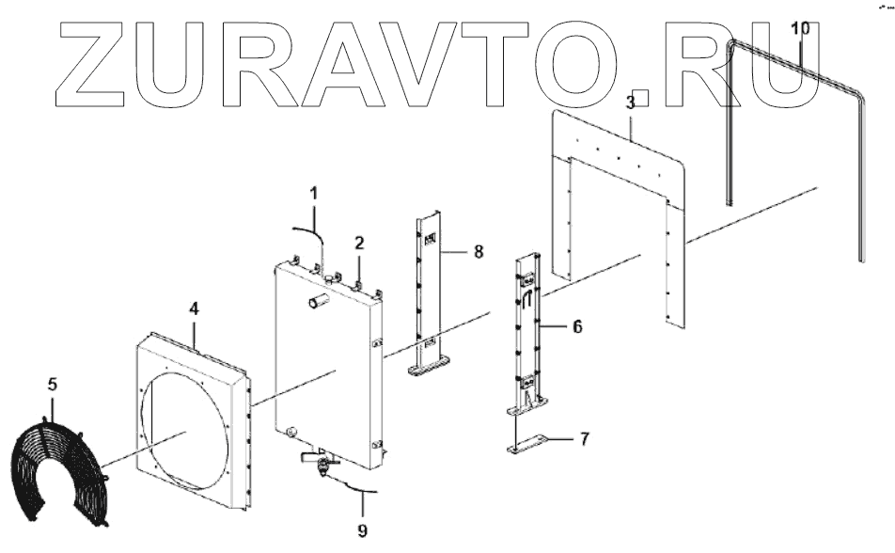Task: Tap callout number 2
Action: (x=359, y=243)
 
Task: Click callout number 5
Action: (x=53, y=384)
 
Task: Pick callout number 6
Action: (x=577, y=326)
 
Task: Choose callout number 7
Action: (x=584, y=439)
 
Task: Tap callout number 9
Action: (x=362, y=530)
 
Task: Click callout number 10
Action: (x=799, y=28)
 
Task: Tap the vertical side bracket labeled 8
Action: (x=429, y=292)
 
